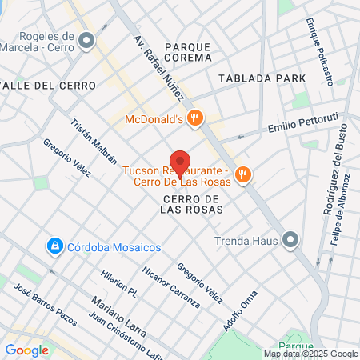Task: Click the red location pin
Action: (180, 163)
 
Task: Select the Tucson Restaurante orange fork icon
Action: (245, 174)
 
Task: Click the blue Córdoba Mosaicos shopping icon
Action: (55, 245)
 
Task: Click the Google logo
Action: (26, 350)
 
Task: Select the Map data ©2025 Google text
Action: (311, 354)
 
